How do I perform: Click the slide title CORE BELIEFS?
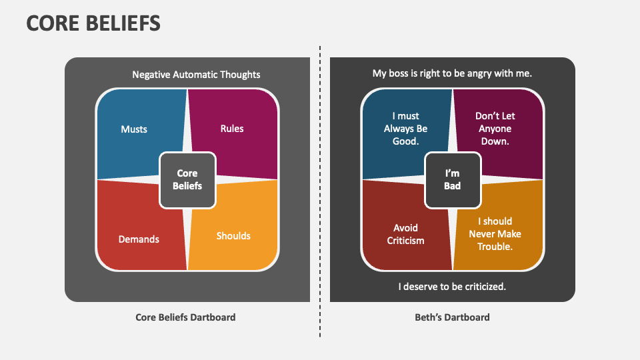click(x=93, y=23)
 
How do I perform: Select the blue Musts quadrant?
click(x=134, y=129)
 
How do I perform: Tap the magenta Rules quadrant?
click(x=232, y=129)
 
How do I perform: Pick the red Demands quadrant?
click(x=139, y=239)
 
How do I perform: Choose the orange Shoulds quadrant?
click(x=233, y=236)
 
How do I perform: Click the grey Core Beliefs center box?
click(x=187, y=180)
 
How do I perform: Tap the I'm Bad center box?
click(x=453, y=180)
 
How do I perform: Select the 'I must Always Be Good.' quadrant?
click(x=405, y=129)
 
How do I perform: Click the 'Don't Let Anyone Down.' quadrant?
click(x=495, y=129)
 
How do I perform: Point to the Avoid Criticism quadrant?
click(x=405, y=234)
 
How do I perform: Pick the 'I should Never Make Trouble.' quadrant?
click(x=495, y=234)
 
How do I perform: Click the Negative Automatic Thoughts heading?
click(x=196, y=75)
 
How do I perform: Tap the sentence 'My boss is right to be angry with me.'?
click(x=452, y=73)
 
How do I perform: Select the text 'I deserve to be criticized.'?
click(x=452, y=287)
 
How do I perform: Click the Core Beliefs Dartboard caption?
click(x=185, y=317)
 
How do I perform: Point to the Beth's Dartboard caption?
click(x=452, y=317)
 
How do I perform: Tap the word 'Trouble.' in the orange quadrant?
click(x=495, y=247)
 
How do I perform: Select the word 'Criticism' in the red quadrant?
click(x=405, y=241)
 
